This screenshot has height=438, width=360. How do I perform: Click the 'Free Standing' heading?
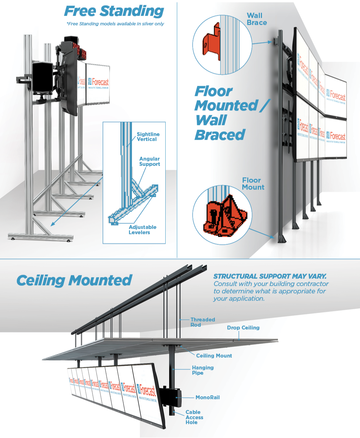point(114,11)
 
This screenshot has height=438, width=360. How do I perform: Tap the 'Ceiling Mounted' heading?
point(74,280)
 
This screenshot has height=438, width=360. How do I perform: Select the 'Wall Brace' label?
point(257,19)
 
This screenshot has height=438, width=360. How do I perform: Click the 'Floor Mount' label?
point(253,184)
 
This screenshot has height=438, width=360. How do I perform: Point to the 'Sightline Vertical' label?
point(148,137)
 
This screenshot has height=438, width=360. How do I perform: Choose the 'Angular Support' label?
point(150,161)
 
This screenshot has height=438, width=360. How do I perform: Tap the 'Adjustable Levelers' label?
point(142,230)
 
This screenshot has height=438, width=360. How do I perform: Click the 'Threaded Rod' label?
point(202,322)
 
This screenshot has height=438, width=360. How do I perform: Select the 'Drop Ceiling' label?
point(243,328)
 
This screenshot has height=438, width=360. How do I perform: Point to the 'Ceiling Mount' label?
point(214,356)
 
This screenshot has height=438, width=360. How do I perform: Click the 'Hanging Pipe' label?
point(202,370)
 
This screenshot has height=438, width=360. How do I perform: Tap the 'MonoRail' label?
point(207,397)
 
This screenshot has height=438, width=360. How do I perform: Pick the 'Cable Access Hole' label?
point(194,417)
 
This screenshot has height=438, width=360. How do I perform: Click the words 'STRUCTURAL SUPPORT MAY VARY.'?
point(270,276)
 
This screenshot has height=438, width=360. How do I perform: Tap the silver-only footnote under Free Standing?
point(115,24)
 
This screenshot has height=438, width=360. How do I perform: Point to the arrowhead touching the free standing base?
point(53,224)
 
